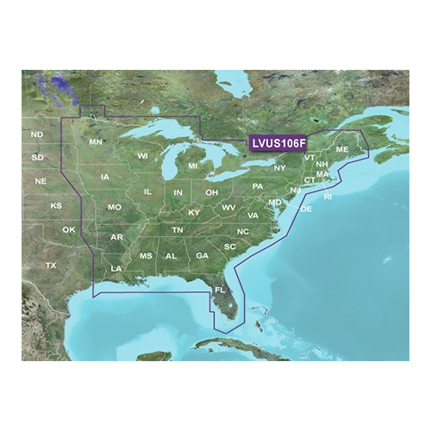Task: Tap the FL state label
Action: (220, 290)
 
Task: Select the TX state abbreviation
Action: (51, 265)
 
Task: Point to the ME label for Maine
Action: (342, 150)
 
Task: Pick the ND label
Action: (36, 135)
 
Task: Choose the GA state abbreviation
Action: (202, 256)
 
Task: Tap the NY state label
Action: (279, 167)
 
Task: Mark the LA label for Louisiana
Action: (116, 270)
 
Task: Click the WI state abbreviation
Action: (143, 155)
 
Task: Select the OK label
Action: (69, 229)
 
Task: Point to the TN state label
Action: (177, 230)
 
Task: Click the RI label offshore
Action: (328, 197)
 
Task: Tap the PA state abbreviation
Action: (257, 186)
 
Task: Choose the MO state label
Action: (114, 208)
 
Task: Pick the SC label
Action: (229, 247)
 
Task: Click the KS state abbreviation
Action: (56, 206)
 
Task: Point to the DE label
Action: (304, 209)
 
